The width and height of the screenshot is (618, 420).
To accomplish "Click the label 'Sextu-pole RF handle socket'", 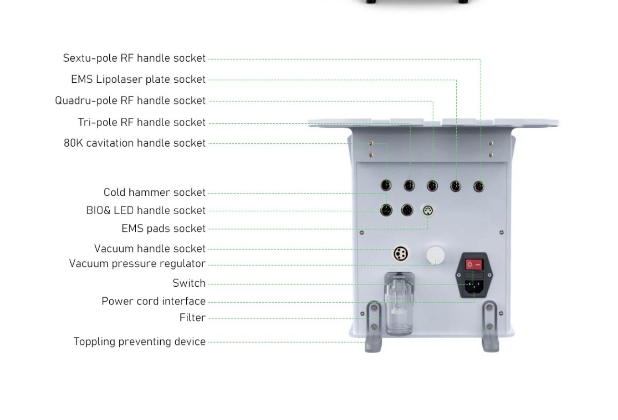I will (134, 58).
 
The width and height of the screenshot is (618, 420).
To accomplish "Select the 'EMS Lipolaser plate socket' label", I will (138, 79).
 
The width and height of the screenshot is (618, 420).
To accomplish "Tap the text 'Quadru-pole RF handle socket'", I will (130, 101).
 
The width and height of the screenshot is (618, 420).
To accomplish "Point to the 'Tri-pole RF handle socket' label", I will (142, 122).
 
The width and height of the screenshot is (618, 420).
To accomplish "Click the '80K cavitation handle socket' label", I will (135, 143).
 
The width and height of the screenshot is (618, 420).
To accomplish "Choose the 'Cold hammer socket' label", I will (154, 192).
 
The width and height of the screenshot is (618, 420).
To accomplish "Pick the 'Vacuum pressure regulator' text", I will (137, 264).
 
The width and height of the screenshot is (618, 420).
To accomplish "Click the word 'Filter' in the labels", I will (193, 318).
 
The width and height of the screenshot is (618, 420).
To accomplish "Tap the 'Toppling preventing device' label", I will (140, 342).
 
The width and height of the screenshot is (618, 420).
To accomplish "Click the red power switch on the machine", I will (474, 265).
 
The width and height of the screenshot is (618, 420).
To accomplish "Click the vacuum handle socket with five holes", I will (400, 253).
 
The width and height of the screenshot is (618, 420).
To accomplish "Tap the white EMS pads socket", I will (427, 210).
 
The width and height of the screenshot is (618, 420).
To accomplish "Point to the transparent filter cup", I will (399, 313).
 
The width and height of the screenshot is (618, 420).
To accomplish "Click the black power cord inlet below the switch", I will (474, 286).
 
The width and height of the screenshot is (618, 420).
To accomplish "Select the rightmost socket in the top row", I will (478, 186).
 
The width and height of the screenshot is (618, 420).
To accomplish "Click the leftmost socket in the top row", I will (386, 185).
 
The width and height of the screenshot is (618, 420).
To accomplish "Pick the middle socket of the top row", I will (432, 186).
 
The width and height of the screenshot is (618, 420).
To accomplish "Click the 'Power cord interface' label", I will (154, 301).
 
